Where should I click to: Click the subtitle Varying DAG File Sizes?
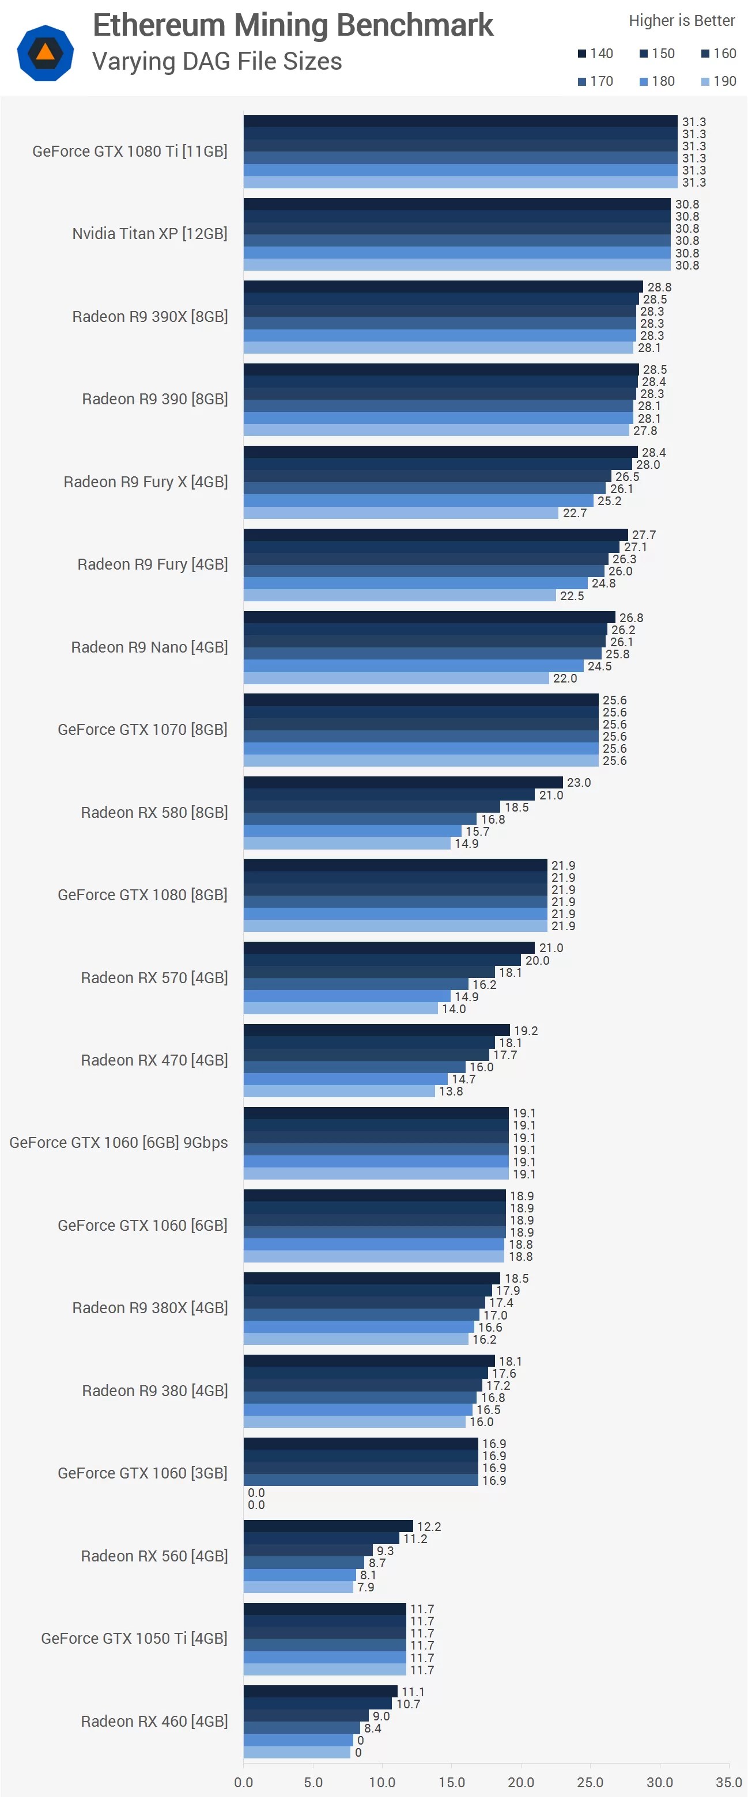pyautogui.click(x=217, y=62)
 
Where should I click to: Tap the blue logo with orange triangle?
pyautogui.click(x=46, y=53)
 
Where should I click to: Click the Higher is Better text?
pyautogui.click(x=681, y=21)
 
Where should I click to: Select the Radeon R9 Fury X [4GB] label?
pyautogui.click(x=145, y=482)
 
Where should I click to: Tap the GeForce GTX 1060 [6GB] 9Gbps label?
pyautogui.click(x=119, y=1143)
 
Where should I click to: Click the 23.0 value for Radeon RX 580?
pyautogui.click(x=579, y=783)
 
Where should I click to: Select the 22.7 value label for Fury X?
pyautogui.click(x=575, y=513)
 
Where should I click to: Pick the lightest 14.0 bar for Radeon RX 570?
pyautogui.click(x=341, y=1009)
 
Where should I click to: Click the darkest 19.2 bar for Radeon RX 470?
pyautogui.click(x=377, y=1030)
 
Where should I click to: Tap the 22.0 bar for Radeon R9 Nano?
pyautogui.click(x=396, y=678)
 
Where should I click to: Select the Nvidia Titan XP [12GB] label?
pyautogui.click(x=149, y=234)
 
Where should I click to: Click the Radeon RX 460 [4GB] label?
pyautogui.click(x=154, y=1721)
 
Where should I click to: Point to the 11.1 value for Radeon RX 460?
pyautogui.click(x=413, y=1692)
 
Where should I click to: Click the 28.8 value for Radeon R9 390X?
pyautogui.click(x=659, y=287)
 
